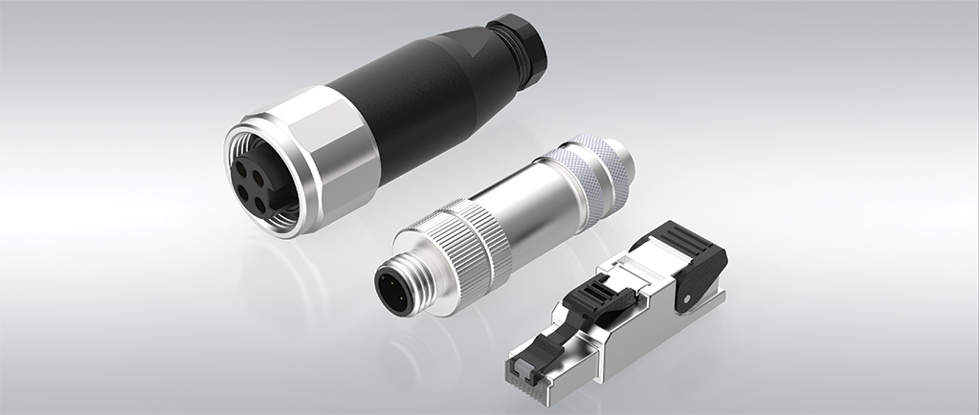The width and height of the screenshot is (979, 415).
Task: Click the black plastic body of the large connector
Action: click(x=421, y=105)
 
